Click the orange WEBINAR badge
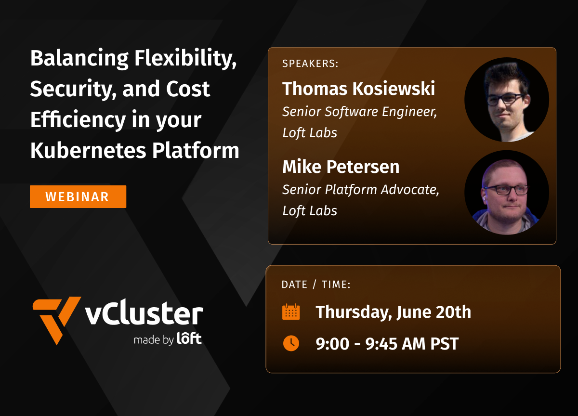(78, 196)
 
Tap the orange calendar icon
(290, 312)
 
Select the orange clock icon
(290, 343)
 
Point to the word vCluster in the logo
(144, 314)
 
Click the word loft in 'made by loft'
(189, 339)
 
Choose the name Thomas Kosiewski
(358, 89)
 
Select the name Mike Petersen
(341, 167)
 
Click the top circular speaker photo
(507, 100)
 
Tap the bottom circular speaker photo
(507, 192)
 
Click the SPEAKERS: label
(310, 64)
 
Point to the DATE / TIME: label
(316, 285)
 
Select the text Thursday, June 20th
(393, 312)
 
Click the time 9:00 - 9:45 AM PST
(387, 344)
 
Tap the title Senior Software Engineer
(359, 112)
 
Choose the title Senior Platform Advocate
(360, 190)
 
